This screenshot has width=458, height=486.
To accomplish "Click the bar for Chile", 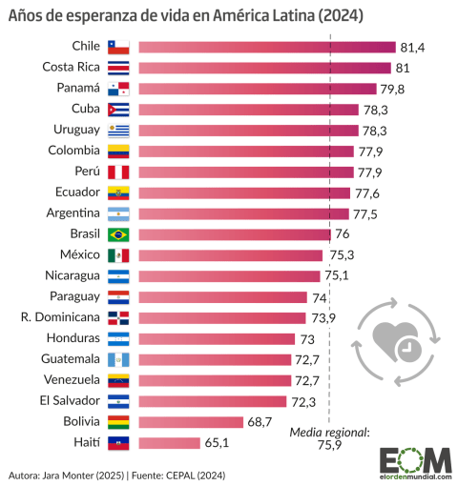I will tap(266, 47).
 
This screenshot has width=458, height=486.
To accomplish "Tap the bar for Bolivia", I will tap(191, 421).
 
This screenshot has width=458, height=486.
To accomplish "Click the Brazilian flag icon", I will tap(117, 234).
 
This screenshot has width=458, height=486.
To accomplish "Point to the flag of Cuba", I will tap(117, 109).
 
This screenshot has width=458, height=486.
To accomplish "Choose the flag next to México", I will tap(117, 255).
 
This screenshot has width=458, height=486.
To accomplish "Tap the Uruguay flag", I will tap(117, 130).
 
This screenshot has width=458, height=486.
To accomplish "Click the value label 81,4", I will tap(412, 47).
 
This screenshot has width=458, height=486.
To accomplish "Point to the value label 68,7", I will tap(263, 421).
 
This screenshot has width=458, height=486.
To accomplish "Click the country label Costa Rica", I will tap(72, 67).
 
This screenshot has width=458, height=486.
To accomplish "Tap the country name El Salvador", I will tap(70, 400).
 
